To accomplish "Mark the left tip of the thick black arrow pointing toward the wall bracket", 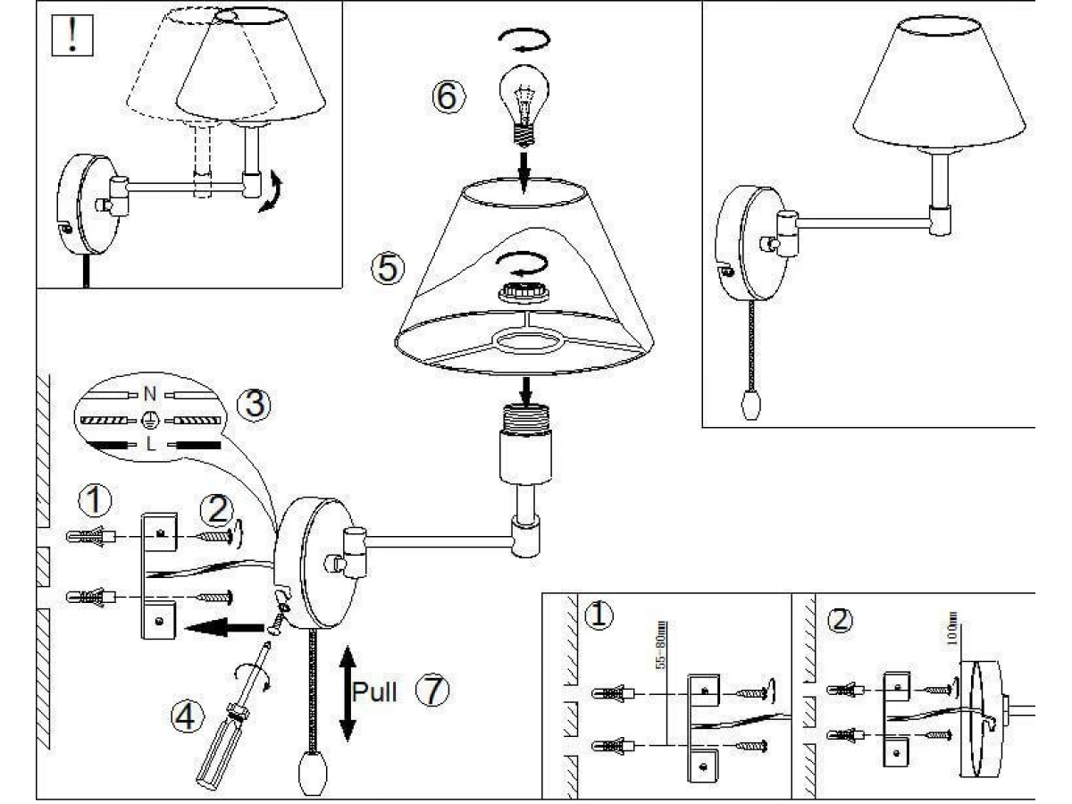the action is (x=186, y=627).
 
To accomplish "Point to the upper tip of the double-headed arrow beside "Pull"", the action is (x=348, y=646).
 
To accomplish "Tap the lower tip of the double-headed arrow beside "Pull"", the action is (x=348, y=741).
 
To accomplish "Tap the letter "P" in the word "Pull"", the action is (x=361, y=691).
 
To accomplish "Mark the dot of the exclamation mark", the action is (x=72, y=48).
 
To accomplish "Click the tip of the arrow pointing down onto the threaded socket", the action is (x=525, y=406).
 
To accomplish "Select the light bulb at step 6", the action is (x=524, y=105).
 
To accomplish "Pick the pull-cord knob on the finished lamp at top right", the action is (x=751, y=405).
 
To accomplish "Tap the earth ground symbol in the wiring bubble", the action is (x=149, y=419).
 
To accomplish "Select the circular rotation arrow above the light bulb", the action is (x=523, y=38).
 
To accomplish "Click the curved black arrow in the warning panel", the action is (x=272, y=191).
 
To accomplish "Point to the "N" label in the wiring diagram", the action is (x=150, y=393).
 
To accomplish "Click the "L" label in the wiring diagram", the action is (x=150, y=444).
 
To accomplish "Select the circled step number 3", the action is (x=254, y=404).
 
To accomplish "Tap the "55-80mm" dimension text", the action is (x=660, y=645).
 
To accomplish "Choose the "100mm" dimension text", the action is (x=952, y=627).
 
